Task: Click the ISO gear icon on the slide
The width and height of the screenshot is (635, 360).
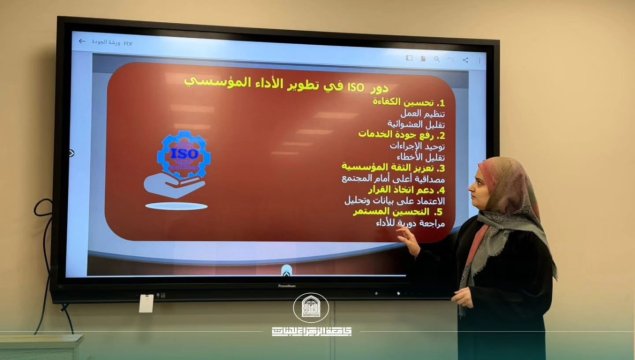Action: [183, 155]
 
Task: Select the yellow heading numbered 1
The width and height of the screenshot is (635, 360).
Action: [409, 102]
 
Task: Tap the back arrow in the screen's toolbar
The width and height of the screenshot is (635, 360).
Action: [82, 41]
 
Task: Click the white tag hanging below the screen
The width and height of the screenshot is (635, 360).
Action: [146, 302]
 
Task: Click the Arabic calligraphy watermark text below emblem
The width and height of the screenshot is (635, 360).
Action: [311, 329]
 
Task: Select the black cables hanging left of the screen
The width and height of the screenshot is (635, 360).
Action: [41, 260]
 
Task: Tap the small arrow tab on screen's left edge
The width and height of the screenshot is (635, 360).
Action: [71, 153]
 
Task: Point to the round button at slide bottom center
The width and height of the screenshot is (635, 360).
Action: [286, 270]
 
